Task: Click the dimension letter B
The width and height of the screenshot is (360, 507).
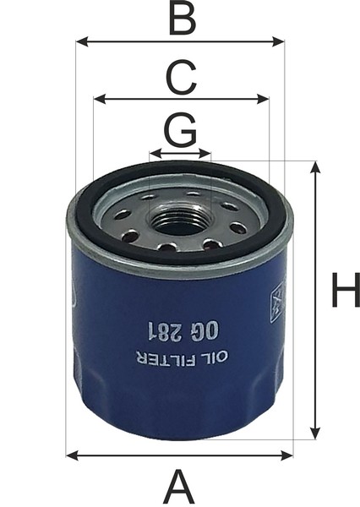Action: click(x=183, y=19)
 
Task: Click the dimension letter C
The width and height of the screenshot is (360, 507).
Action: click(x=181, y=77)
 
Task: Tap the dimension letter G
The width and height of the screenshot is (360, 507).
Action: click(x=181, y=128)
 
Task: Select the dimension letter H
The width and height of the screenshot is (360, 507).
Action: click(x=346, y=290)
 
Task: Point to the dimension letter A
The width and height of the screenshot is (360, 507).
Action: click(x=180, y=487)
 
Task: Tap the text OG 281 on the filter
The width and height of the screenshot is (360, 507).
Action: click(x=183, y=331)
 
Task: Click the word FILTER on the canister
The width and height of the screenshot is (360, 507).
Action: click(x=167, y=358)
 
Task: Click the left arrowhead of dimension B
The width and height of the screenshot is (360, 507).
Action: click(x=82, y=41)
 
